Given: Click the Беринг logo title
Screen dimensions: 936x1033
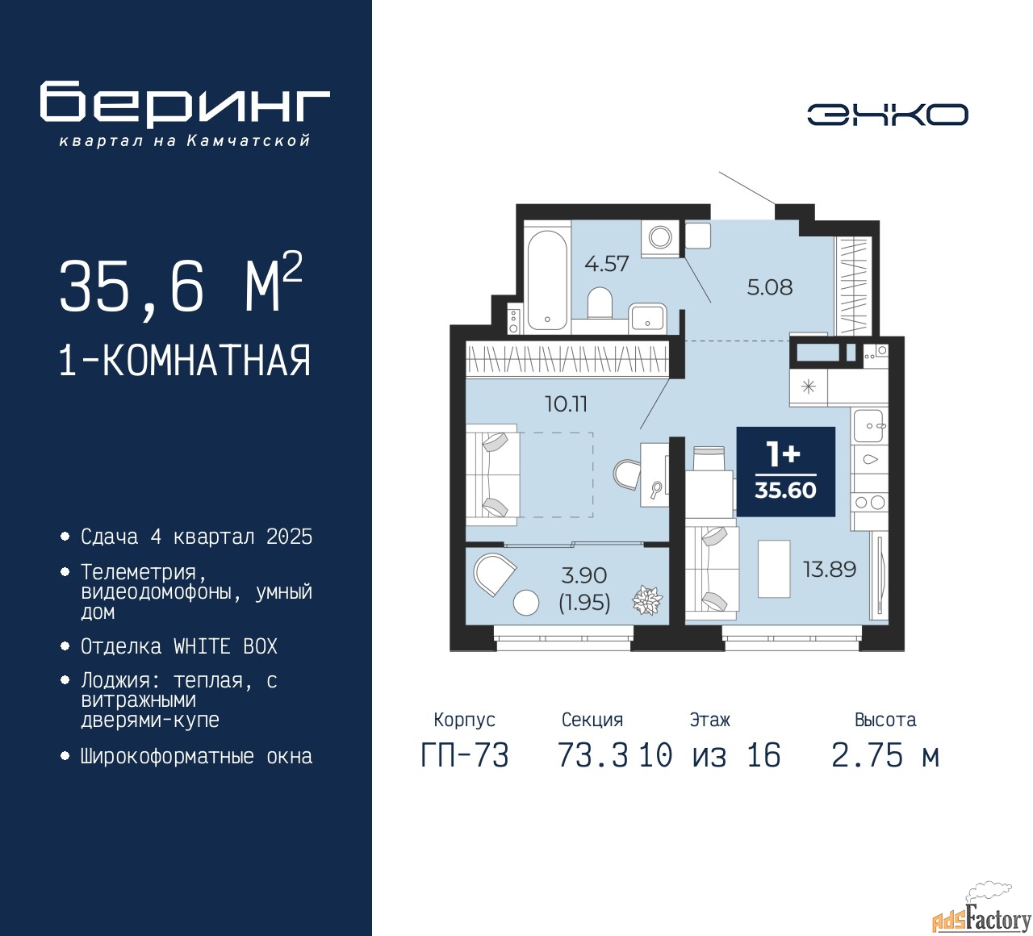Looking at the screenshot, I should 185,103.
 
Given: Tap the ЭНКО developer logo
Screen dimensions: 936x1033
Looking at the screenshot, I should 887,115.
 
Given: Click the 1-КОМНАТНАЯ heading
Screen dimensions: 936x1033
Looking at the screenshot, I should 185,361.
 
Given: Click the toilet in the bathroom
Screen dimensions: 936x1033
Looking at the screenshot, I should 600,304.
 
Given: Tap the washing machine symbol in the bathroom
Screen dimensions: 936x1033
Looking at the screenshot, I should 660,237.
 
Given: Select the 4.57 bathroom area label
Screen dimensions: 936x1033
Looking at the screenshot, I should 606,264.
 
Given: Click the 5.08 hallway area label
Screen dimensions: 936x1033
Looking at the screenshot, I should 769,287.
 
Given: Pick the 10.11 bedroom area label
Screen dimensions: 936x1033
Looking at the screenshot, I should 566,403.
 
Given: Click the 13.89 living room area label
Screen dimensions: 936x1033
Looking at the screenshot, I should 829,570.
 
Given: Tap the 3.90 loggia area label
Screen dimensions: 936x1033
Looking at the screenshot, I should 584,575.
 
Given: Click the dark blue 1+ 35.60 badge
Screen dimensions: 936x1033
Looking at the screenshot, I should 785,471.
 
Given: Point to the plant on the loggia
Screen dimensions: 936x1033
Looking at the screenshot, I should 646,600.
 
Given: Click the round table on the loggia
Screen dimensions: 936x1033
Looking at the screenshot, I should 526,603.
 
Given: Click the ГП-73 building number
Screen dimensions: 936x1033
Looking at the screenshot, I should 465,756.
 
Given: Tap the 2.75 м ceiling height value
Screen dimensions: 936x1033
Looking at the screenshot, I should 885,756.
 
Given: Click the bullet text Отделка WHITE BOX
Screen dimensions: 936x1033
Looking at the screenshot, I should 179,646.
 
